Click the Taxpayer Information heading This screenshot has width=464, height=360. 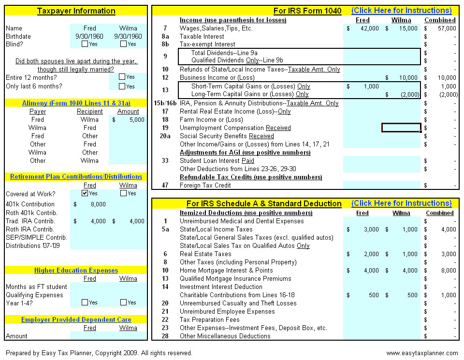[76, 11]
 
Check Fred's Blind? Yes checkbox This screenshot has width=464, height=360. [85, 44]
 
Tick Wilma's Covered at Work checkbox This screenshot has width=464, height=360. [124, 193]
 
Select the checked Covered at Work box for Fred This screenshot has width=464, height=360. [85, 193]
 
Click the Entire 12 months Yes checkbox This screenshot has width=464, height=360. [122, 77]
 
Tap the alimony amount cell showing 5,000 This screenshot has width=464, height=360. [128, 119]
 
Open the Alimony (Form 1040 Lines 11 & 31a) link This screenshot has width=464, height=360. [76, 103]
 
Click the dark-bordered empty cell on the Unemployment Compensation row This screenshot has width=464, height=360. [401, 128]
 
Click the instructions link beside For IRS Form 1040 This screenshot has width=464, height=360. [401, 11]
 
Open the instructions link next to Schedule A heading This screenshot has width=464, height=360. [401, 203]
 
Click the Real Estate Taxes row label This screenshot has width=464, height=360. [205, 254]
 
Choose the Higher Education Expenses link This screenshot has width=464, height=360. [76, 270]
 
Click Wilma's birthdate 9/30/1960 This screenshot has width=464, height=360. [128, 36]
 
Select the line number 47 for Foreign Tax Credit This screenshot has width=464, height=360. [165, 186]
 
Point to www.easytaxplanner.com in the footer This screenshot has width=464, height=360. [422, 353]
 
